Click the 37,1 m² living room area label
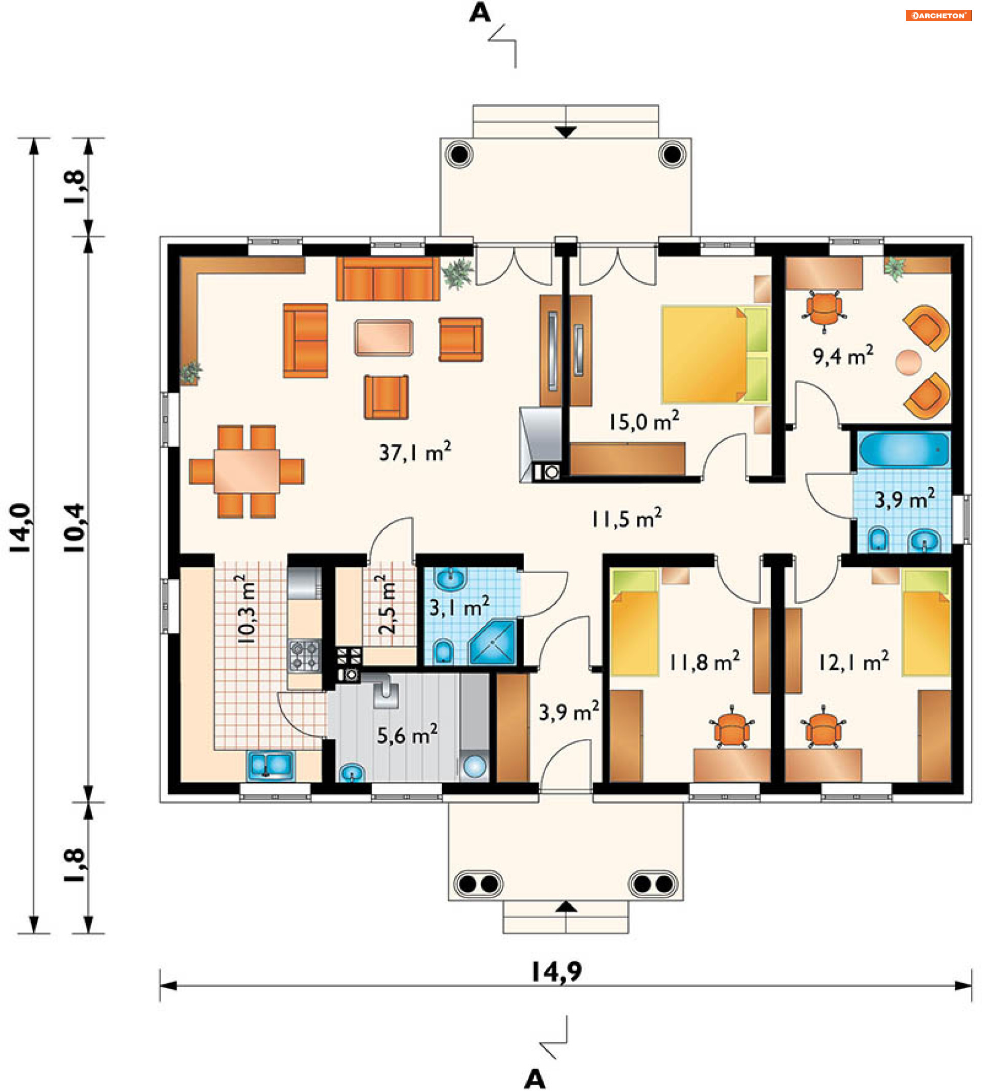click(x=414, y=452)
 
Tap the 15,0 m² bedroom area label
click(x=644, y=421)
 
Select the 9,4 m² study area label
click(x=843, y=355)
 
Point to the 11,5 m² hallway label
click(x=627, y=518)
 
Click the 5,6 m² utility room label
click(x=407, y=735)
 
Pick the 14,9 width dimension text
click(x=557, y=972)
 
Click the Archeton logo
click(x=939, y=16)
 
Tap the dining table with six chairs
click(x=247, y=471)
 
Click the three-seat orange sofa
click(x=388, y=278)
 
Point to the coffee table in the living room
click(x=384, y=337)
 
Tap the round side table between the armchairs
click(x=909, y=362)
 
